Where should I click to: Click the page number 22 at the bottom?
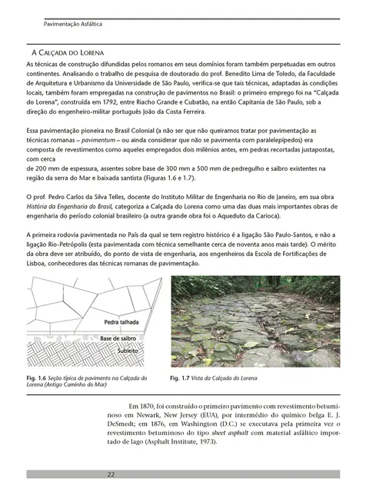coord(111,474)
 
